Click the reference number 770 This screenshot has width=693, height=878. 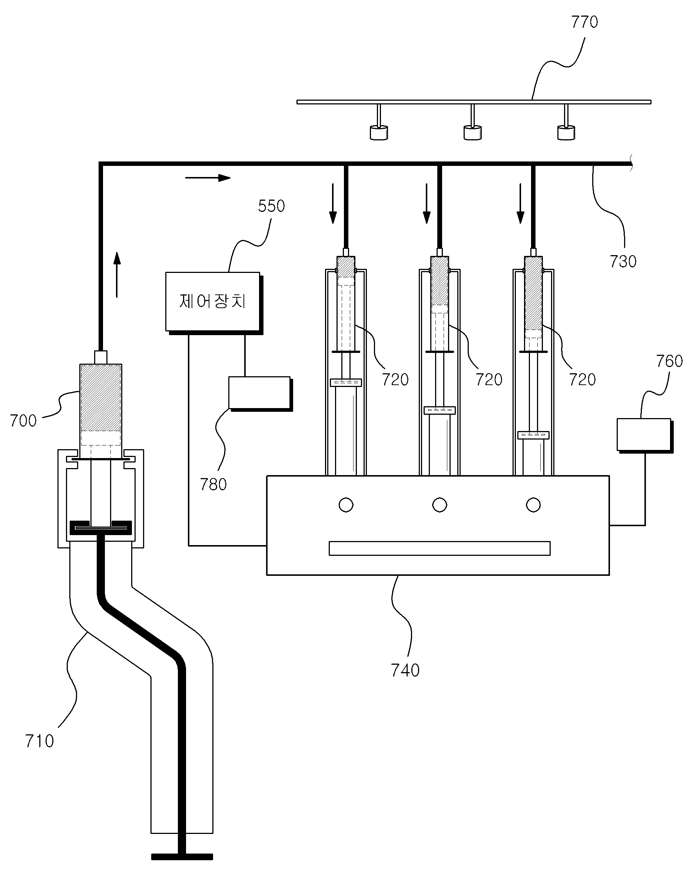(584, 22)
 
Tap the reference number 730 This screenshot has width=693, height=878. (623, 261)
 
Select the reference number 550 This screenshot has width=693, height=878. (271, 206)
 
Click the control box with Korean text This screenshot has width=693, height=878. (213, 301)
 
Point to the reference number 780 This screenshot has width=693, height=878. (213, 484)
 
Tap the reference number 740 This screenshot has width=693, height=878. (405, 671)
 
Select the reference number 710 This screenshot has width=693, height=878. (39, 741)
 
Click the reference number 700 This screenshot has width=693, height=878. (23, 421)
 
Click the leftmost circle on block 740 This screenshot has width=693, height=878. (346, 505)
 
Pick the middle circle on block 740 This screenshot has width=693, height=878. (440, 505)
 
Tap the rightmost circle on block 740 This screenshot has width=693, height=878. (533, 505)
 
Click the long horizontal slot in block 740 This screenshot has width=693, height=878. (440, 548)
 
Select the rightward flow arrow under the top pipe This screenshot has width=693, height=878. (208, 177)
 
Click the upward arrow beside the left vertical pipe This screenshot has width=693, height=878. (117, 275)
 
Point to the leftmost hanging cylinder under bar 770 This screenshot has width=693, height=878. (379, 133)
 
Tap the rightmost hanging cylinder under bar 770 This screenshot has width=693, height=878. (566, 133)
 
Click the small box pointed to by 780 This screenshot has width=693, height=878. (260, 393)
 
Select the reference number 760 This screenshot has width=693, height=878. (669, 361)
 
